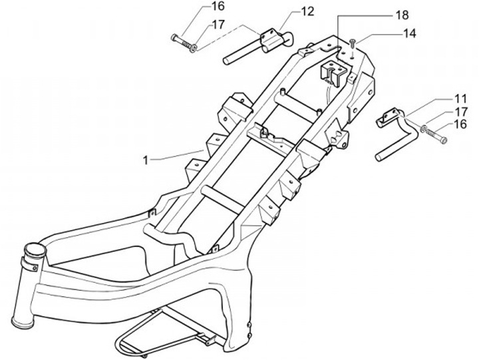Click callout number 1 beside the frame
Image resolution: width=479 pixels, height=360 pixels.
coord(146,160)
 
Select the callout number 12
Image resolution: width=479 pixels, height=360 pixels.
coord(288,11)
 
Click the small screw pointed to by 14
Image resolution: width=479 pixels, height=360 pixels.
coord(353,43)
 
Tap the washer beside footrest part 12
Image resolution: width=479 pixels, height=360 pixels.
coord(191,46)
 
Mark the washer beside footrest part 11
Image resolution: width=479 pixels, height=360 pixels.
coord(424,128)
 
